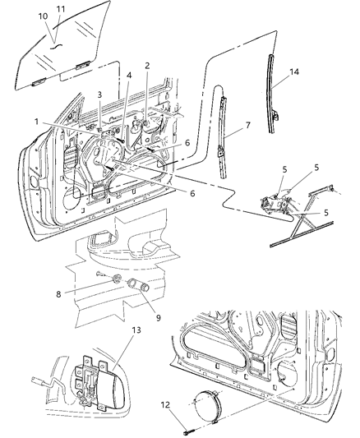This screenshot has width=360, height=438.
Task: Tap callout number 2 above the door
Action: (147, 66)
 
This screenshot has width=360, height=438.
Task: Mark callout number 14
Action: (293, 72)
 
